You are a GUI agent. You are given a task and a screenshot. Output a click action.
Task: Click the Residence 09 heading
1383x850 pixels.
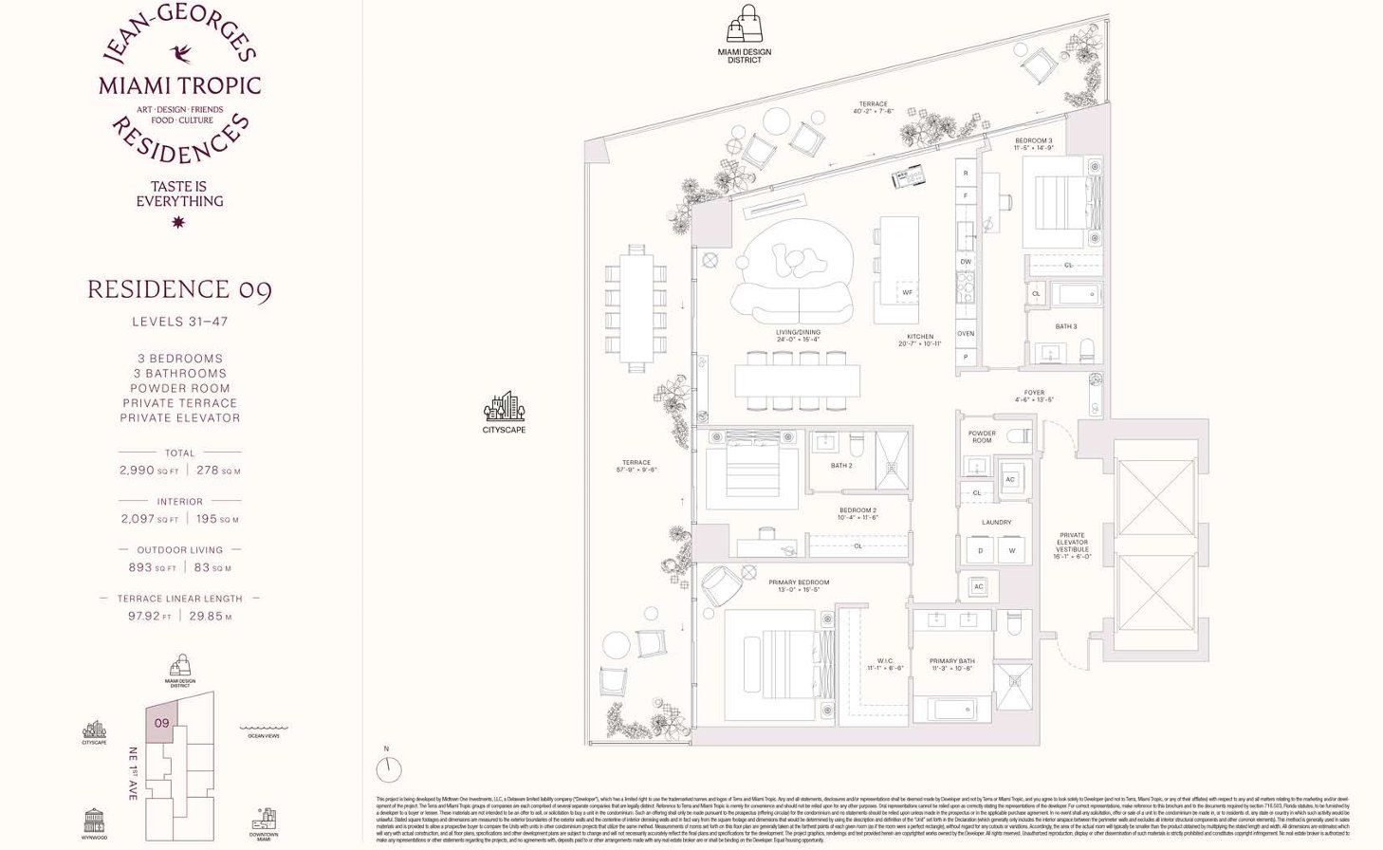tap(179, 289)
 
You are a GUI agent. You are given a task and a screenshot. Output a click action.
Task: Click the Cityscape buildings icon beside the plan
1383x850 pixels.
tap(504, 407)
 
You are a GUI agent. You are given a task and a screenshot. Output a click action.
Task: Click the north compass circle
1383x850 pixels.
tap(388, 768)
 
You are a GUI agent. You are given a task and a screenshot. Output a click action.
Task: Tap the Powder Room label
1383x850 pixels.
tap(982, 436)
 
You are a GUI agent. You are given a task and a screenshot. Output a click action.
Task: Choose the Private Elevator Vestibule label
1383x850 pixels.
tap(1072, 545)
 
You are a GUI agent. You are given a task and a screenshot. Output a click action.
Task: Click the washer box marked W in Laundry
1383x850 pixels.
tap(1012, 550)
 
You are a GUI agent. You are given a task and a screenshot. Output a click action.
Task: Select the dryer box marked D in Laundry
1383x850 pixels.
tap(981, 550)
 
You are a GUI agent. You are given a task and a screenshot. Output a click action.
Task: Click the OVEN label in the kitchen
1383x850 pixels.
tap(966, 334)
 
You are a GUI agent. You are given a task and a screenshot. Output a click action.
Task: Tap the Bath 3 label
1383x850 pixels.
tap(1065, 326)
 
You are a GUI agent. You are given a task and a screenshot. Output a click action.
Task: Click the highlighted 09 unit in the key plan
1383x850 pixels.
tap(162, 723)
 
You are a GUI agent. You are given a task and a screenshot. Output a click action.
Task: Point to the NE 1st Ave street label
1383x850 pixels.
tap(133, 773)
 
